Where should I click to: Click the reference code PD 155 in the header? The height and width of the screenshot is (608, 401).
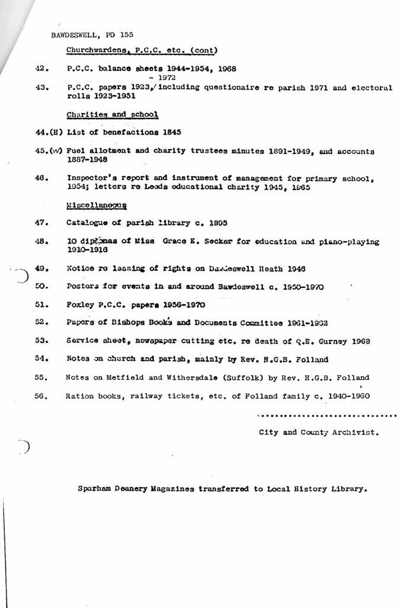coord(122,34)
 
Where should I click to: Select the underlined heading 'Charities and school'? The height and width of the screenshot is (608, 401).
coord(112,114)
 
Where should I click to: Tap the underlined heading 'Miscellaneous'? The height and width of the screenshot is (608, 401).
coord(97,205)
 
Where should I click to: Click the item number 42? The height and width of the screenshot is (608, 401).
coord(41,68)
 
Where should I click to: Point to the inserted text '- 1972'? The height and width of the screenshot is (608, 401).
coord(163,78)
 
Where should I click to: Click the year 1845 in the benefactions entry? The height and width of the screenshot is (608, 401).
coord(169,132)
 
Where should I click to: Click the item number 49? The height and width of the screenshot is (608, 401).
coord(41,268)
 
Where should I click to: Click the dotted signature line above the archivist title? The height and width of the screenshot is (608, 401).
coord(328,416)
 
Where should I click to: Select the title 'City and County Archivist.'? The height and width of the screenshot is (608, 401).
coord(319,433)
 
